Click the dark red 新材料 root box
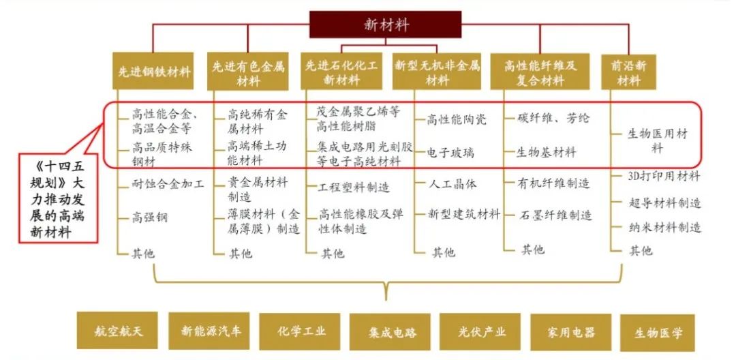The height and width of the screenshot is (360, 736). tap(386, 25)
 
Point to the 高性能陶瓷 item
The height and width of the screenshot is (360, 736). tap(457, 119)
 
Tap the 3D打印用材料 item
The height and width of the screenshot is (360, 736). tap(664, 176)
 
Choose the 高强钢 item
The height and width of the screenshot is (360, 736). tap(150, 218)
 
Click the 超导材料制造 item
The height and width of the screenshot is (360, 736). tap(665, 202)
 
